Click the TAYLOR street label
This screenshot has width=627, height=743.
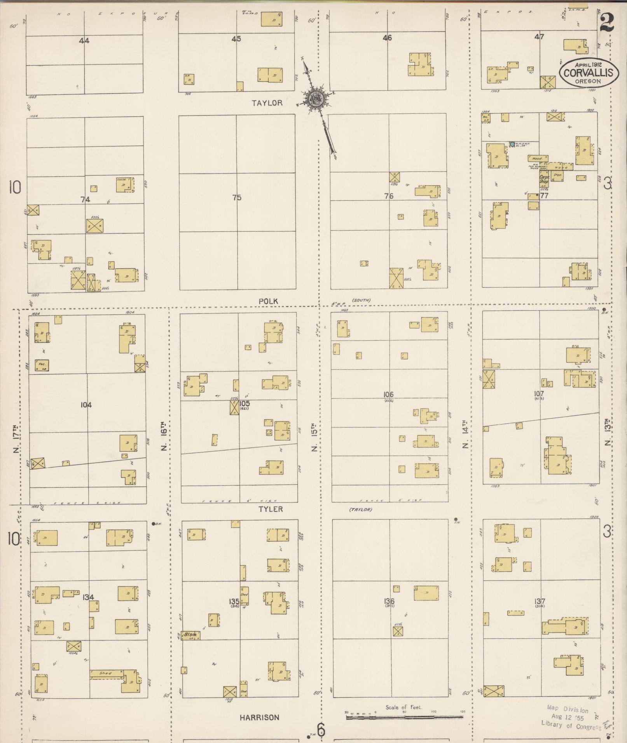[x=267, y=103]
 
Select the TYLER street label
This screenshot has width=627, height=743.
[x=271, y=509]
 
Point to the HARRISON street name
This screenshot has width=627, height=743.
[x=259, y=717]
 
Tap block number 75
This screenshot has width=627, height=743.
[x=237, y=198]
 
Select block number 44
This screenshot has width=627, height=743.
[x=84, y=40]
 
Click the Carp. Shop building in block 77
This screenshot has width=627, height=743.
[x=544, y=179]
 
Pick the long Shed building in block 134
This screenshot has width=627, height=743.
[x=106, y=673]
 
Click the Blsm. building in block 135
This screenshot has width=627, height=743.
[x=192, y=635]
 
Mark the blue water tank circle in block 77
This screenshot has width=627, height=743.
[x=512, y=144]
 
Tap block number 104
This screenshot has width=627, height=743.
[x=86, y=405]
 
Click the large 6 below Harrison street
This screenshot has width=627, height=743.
[x=321, y=730]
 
